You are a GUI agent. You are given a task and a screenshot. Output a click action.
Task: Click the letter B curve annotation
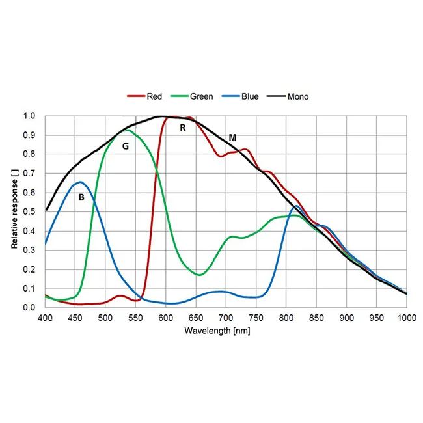click(81, 197)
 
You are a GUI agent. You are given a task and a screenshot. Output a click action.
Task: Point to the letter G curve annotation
click(126, 146)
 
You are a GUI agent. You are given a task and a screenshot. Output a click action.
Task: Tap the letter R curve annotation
click(183, 128)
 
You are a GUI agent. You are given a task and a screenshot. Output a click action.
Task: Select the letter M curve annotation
click(232, 138)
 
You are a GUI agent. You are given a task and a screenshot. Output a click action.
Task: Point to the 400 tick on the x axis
click(45, 318)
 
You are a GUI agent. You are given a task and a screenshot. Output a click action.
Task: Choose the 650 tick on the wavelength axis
click(196, 318)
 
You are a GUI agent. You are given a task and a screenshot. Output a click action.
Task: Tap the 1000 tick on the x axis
click(407, 318)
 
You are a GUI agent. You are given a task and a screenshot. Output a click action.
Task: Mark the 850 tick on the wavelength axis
click(316, 318)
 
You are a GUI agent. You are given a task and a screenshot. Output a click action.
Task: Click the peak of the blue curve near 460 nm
click(80, 182)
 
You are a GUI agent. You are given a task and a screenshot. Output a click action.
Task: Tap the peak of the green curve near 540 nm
click(128, 130)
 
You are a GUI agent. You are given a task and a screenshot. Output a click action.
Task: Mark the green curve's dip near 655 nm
click(200, 275)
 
